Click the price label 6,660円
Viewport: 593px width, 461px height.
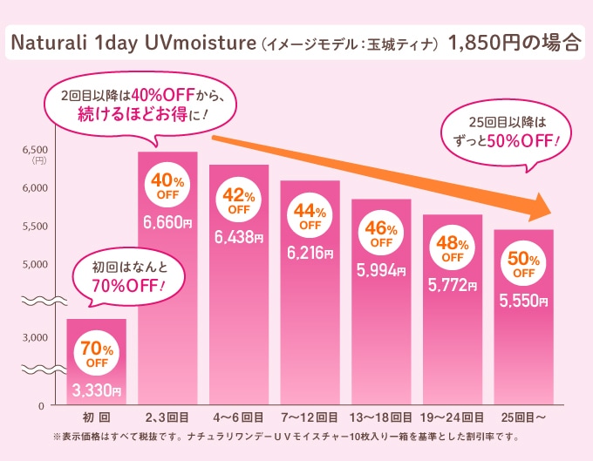click(167, 223)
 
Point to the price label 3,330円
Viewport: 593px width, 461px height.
click(96, 390)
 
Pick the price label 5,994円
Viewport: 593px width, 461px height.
click(380, 270)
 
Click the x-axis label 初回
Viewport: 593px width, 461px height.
click(96, 417)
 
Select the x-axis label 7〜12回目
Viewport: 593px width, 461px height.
click(309, 417)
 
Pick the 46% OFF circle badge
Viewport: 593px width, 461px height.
click(380, 235)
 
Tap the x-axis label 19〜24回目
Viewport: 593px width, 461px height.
click(452, 417)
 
